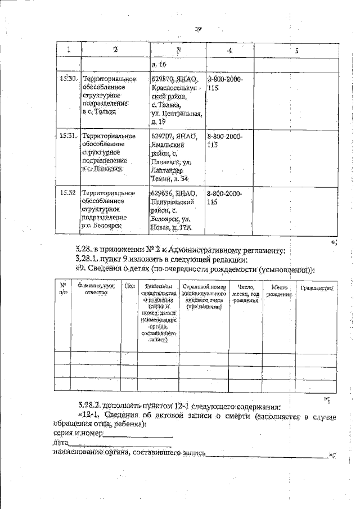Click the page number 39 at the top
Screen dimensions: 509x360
[x=199, y=29]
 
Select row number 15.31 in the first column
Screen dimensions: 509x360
[x=68, y=136]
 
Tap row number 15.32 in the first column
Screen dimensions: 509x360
[x=68, y=193]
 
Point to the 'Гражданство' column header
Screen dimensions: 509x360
[x=317, y=288]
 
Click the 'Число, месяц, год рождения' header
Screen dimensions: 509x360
[x=247, y=294]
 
